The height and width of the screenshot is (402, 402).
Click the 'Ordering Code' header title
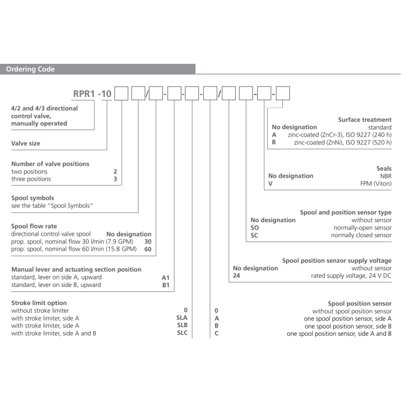coord(30,69)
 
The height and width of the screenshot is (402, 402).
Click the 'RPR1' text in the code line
coord(84,94)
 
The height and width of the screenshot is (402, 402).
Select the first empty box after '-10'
coord(121,93)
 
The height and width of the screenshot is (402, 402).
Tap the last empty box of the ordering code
coord(283,93)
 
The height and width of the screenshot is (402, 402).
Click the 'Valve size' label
coord(26,143)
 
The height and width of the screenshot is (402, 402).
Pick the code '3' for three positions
coord(115,179)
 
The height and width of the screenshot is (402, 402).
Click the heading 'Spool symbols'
coord(33,198)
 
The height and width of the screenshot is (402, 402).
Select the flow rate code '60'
coord(148,249)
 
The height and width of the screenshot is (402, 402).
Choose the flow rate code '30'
coord(148,242)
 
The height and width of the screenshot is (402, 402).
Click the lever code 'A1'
coord(166,278)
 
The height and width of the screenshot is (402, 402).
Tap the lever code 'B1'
coord(166,285)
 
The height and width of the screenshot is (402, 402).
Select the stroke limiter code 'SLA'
coord(182,318)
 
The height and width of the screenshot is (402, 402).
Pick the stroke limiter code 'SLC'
coord(182,333)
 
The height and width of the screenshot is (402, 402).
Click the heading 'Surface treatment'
coord(365,120)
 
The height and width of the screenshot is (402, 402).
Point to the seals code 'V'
coord(270,183)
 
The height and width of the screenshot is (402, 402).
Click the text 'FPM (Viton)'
coord(376,183)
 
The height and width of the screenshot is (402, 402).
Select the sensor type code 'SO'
coord(255,228)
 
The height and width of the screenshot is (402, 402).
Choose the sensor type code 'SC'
coord(254,235)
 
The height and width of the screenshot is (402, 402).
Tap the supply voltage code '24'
coord(236,276)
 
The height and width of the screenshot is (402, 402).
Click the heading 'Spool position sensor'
coord(360,304)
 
